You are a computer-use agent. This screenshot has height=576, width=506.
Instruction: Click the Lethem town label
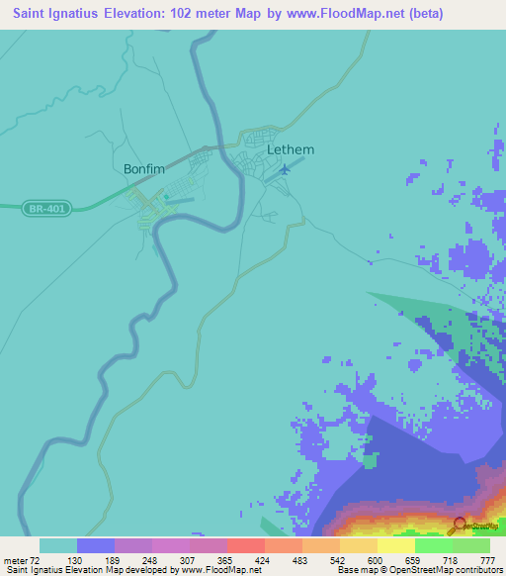pos(291,150)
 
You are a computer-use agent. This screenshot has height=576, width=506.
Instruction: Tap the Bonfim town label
pos(143,169)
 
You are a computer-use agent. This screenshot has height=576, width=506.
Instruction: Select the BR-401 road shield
pos(48,208)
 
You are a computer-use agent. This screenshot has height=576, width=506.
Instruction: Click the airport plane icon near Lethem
pos(286,169)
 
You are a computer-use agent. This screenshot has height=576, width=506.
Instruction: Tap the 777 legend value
pos(487,560)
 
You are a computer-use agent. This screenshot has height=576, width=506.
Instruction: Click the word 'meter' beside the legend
pos(16,560)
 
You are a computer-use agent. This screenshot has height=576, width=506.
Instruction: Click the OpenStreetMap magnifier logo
pos(460,526)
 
